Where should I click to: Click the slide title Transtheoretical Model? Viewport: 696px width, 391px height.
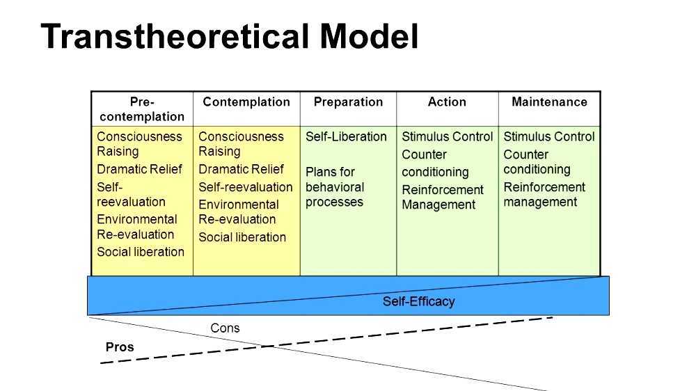coord(230,36)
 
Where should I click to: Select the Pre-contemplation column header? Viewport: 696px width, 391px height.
coord(141,109)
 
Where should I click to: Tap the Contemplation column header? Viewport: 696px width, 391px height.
coord(246,102)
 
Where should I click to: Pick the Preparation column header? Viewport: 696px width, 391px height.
coord(348,102)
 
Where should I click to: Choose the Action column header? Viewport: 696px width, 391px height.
coord(447,102)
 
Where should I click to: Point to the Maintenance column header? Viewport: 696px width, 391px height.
coord(549,102)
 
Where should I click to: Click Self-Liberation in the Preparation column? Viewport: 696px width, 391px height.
coord(346,137)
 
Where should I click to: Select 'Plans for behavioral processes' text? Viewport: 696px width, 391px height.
coord(335,187)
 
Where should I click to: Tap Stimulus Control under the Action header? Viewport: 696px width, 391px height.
coord(447,137)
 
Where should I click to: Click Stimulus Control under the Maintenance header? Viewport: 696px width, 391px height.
coord(549,137)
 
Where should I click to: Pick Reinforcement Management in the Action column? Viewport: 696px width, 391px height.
coord(443,198)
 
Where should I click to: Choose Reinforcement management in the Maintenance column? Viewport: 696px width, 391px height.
coord(544,195)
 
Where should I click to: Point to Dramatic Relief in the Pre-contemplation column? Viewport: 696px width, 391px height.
coord(139,169)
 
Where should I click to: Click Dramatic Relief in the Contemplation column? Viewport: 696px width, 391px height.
coord(241,169)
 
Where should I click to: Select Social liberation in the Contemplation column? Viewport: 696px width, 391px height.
coord(242,237)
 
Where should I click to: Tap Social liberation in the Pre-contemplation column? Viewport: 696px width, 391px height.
coord(141,252)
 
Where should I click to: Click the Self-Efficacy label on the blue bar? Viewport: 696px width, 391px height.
coord(418,302)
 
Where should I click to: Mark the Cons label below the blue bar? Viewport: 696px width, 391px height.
coord(225,328)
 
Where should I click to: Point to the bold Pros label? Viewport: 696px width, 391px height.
coord(120,347)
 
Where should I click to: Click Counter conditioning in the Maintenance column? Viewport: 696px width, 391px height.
coord(537,162)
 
